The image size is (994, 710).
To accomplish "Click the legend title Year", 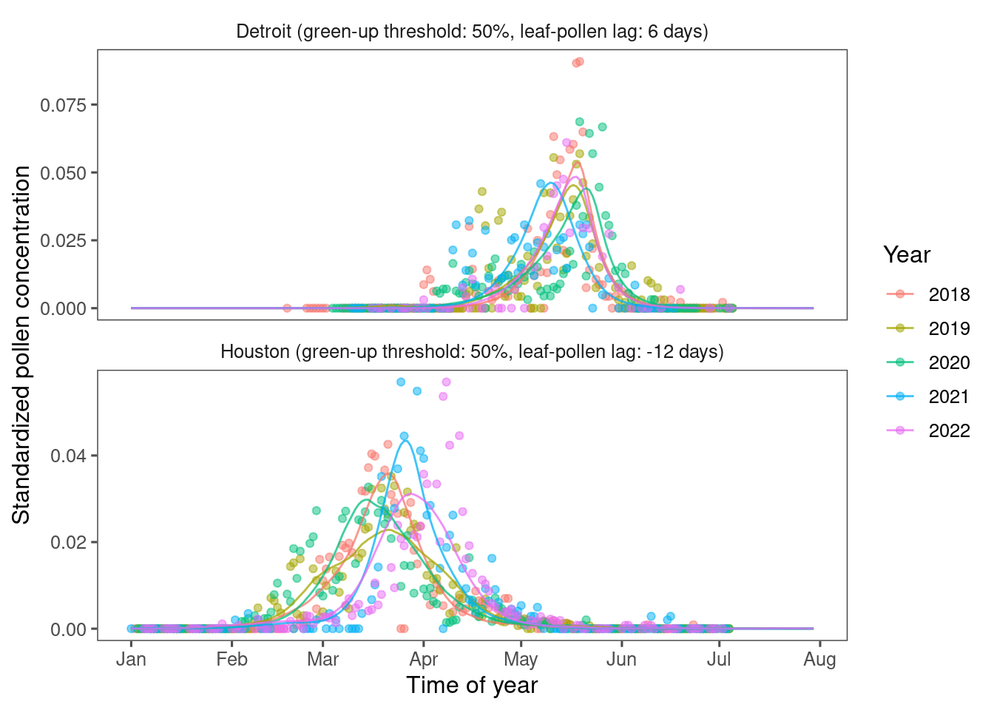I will point(907,255).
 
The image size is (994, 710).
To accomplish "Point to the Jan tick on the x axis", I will point(131,659).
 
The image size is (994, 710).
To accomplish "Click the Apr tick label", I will point(424,659).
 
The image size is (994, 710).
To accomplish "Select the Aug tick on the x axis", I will point(819,659).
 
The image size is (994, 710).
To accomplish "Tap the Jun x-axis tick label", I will point(621,659).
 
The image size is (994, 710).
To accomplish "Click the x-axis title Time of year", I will point(472,686).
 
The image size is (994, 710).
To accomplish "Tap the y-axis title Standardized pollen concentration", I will point(22,345).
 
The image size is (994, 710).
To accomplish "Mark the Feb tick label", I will point(231,659).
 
